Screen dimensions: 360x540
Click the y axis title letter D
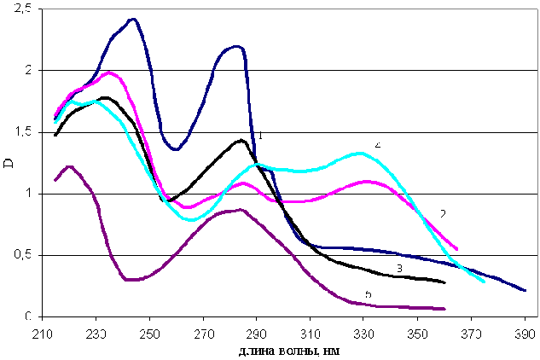click(9, 163)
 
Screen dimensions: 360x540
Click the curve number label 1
click(260, 135)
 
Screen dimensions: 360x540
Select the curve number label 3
click(398, 268)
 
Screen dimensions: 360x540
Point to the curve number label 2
click(443, 212)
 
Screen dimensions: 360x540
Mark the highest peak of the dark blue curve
click(132, 18)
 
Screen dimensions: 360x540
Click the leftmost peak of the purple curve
click(70, 166)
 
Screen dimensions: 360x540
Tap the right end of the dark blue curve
click(525, 291)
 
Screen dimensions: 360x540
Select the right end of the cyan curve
click(484, 281)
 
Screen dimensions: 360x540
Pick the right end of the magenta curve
click(457, 249)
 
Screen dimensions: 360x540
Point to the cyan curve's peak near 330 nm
click(360, 153)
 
